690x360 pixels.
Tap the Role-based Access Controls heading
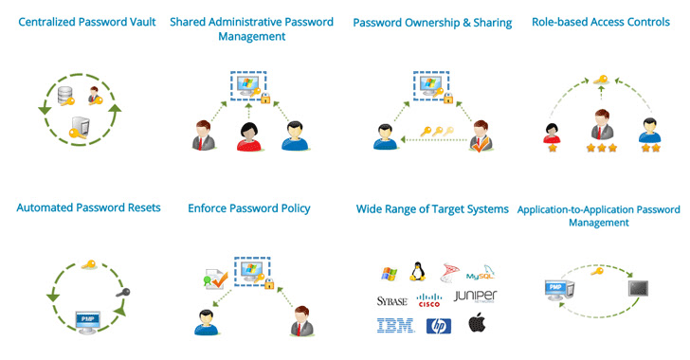tap(601, 22)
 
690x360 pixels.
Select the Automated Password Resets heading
tap(88, 207)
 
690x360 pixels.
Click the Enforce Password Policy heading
tap(249, 207)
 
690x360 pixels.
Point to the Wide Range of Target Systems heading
tap(431, 208)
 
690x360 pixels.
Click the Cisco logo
tap(430, 300)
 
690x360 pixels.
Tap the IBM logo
tap(389, 326)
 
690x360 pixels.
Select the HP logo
tap(437, 326)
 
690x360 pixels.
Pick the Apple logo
tap(477, 325)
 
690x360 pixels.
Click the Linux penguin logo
tap(416, 272)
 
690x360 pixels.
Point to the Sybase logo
tap(390, 300)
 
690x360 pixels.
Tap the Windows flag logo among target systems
tap(388, 274)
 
